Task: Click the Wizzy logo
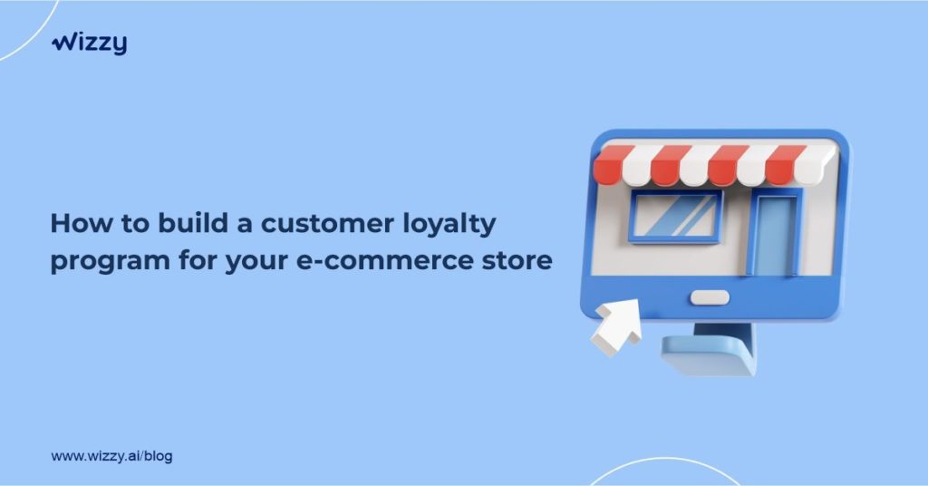coord(90,44)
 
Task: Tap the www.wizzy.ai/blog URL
coord(111,456)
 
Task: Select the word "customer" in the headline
coord(327,224)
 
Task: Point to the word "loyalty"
coord(449,225)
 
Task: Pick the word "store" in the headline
coord(517,261)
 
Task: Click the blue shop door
coord(776,233)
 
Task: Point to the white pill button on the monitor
coord(710,297)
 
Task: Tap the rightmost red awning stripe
coord(785,164)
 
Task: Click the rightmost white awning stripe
coord(816,164)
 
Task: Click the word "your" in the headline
coord(256,263)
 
